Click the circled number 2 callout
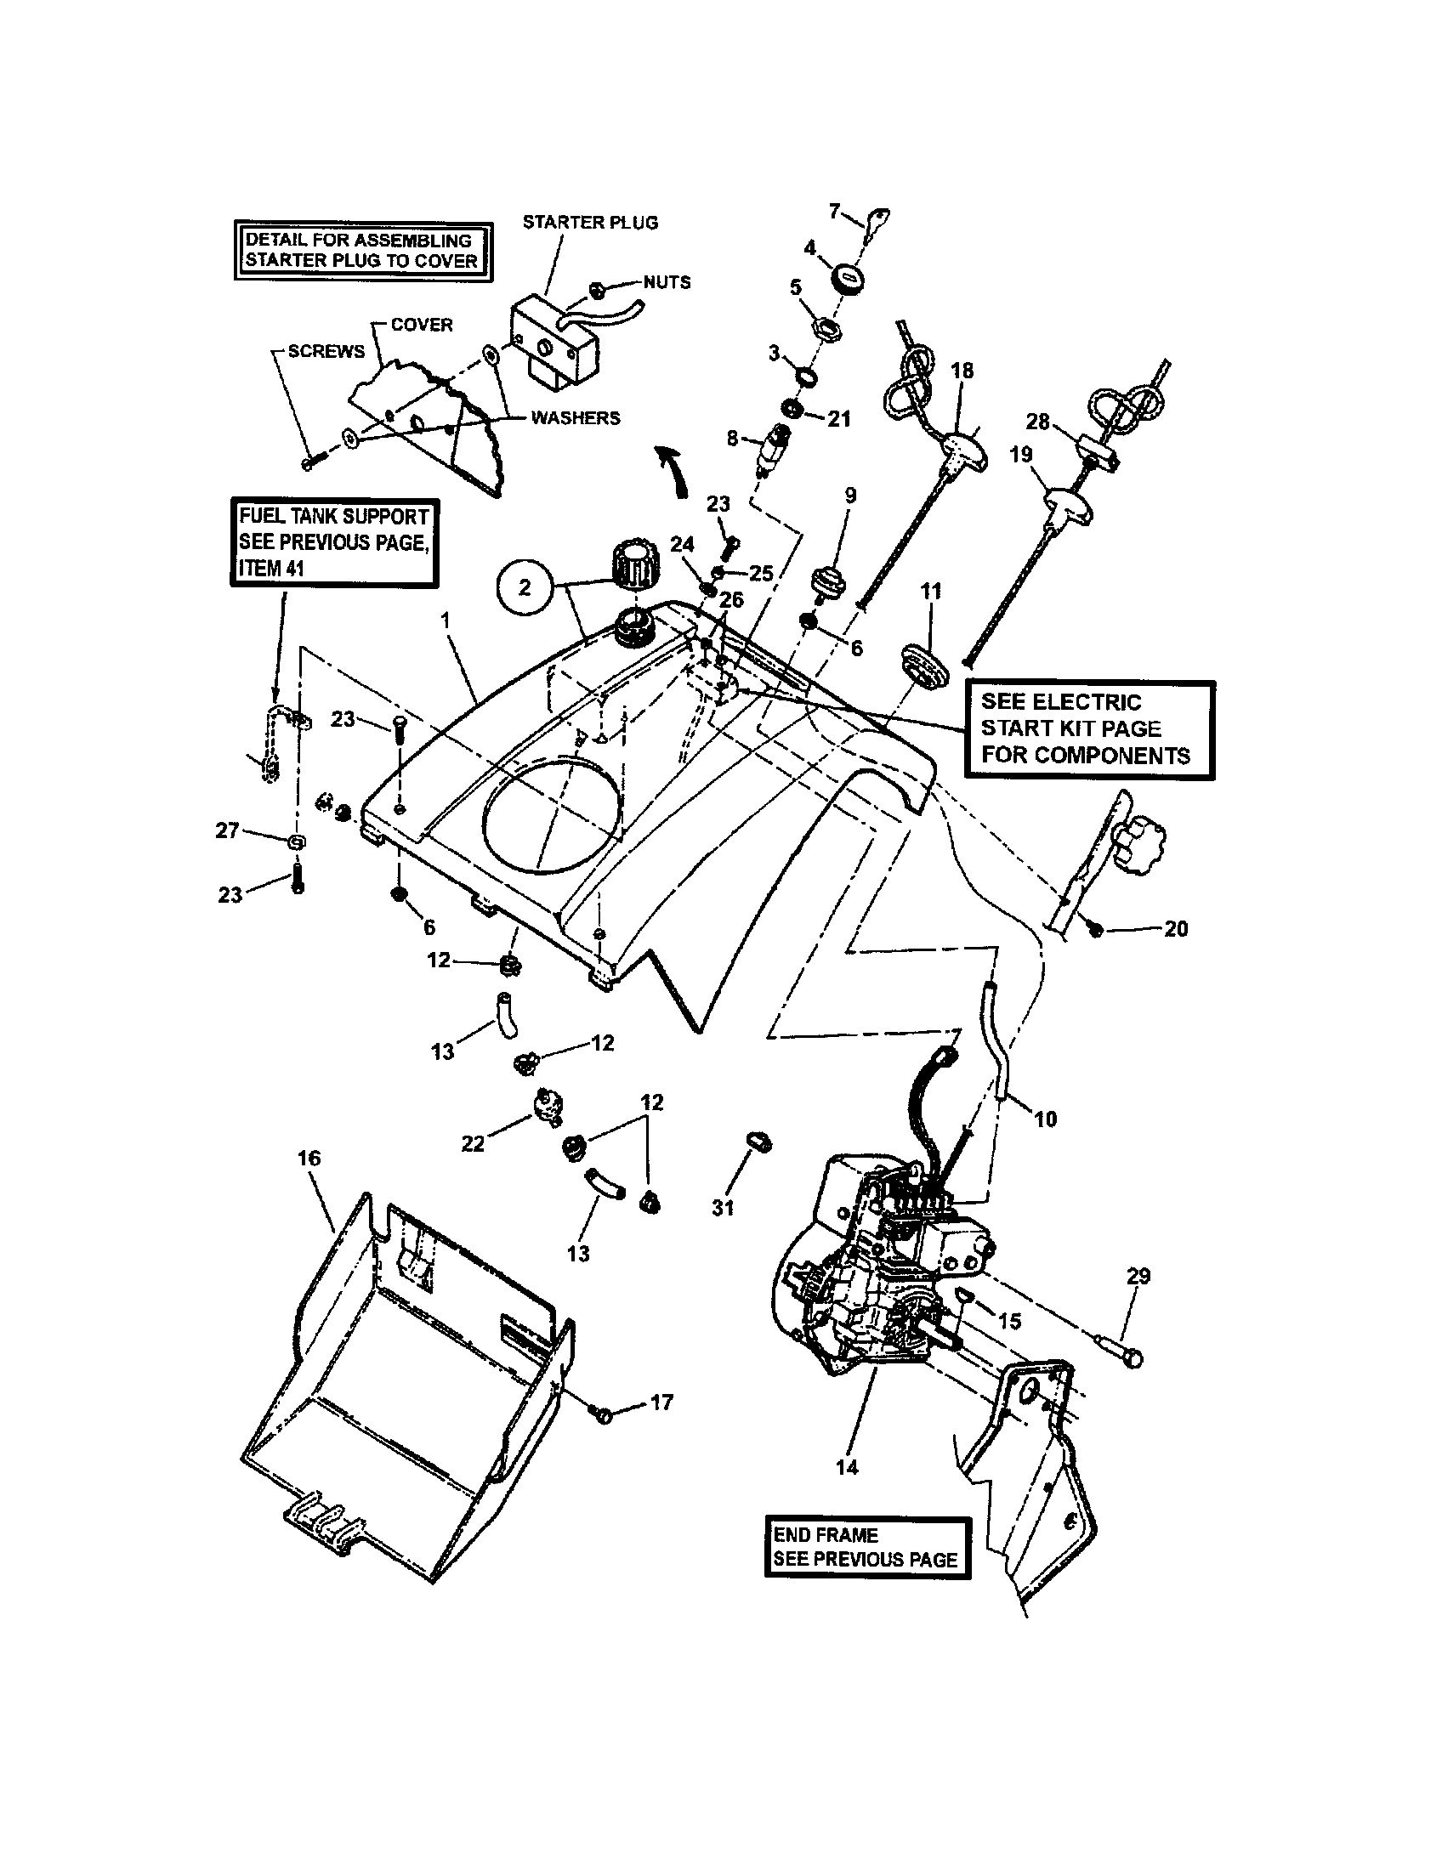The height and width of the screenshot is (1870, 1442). click(524, 587)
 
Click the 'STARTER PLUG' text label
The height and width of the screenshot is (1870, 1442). click(590, 223)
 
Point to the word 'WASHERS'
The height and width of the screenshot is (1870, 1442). click(576, 418)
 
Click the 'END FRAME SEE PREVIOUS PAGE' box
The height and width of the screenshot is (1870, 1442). click(866, 1546)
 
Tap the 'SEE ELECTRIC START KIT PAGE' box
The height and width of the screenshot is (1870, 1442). click(1088, 728)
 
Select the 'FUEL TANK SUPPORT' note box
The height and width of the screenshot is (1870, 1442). click(334, 542)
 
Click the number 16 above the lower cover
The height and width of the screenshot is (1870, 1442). click(309, 1158)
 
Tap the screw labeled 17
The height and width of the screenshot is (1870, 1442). click(603, 1415)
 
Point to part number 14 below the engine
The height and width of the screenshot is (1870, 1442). click(847, 1467)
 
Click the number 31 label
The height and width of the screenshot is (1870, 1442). click(724, 1207)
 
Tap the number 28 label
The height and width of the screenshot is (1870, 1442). click(1037, 422)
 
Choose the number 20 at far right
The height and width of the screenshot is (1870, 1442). click(1176, 929)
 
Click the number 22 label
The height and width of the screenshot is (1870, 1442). click(473, 1143)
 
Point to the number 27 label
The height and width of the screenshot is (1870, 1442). click(227, 830)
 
